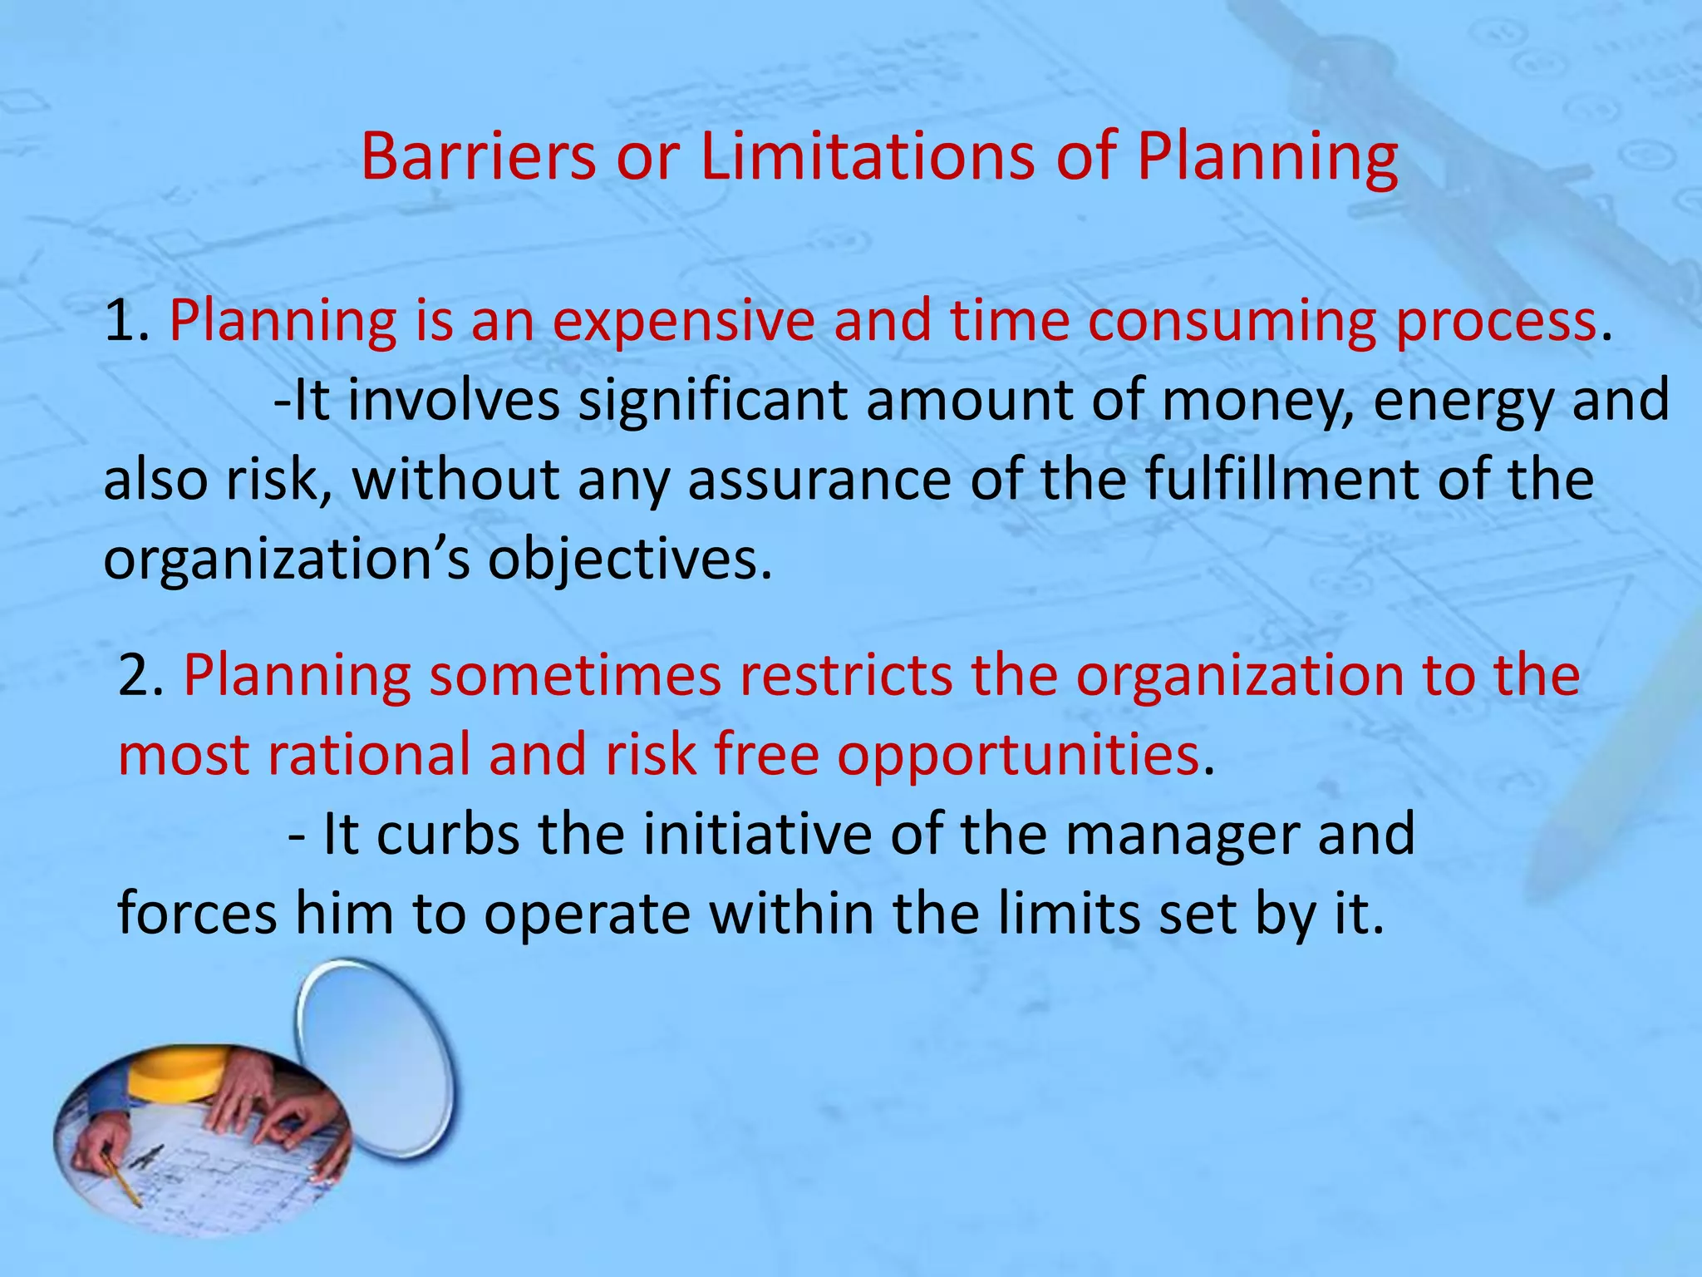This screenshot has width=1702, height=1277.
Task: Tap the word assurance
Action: [x=819, y=481]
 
